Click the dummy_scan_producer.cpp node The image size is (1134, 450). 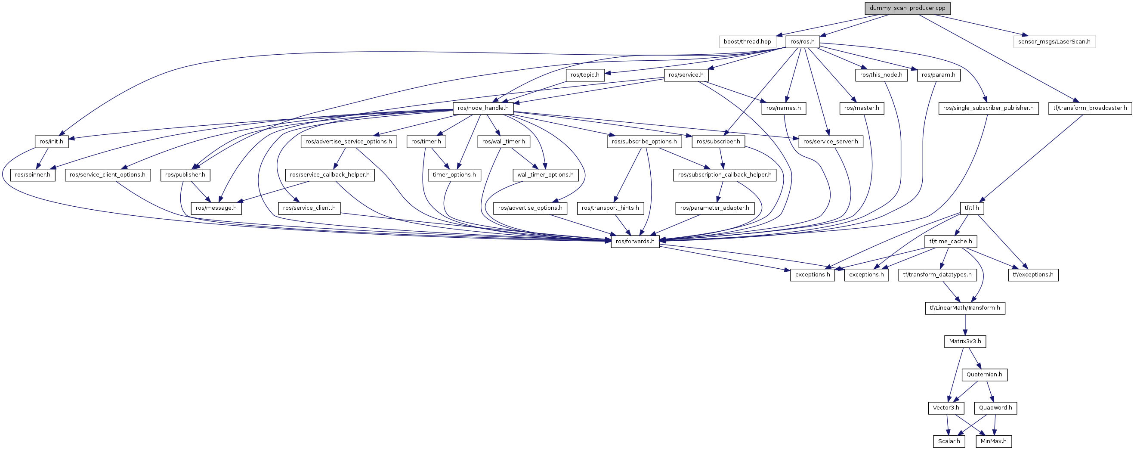[907, 8]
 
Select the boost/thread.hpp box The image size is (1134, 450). [747, 42]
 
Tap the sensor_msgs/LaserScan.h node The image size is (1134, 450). [1054, 42]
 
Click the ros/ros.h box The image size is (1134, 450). [802, 42]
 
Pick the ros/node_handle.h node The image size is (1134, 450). [483, 108]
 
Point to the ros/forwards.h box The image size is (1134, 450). [635, 241]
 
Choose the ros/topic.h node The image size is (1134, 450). [584, 75]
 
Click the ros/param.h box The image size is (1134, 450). [938, 75]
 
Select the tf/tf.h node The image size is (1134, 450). [972, 208]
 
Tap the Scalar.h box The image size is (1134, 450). [949, 441]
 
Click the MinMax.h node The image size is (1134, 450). [993, 441]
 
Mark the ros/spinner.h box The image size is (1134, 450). [33, 175]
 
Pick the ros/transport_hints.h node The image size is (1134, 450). [610, 208]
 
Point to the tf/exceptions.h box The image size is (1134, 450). [1033, 275]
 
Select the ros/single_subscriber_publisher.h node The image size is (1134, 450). [988, 108]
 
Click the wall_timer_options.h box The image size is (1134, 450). [545, 175]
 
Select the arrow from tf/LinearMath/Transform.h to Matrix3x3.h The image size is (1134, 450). [965, 325]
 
